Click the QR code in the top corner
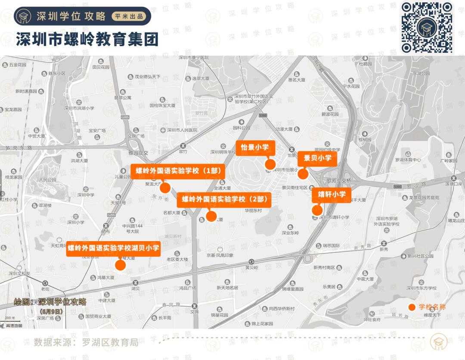427,27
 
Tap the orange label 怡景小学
255,147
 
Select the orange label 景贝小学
317,158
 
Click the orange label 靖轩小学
332,194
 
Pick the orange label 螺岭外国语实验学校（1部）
178,171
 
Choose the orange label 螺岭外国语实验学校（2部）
224,199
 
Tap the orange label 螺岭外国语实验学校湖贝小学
114,248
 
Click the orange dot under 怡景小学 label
270,164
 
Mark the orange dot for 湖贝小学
120,265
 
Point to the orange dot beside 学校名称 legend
412,307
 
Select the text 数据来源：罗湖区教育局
86,342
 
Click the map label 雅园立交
138,152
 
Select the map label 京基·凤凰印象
220,255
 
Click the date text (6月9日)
51,311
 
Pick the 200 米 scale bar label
10,318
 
